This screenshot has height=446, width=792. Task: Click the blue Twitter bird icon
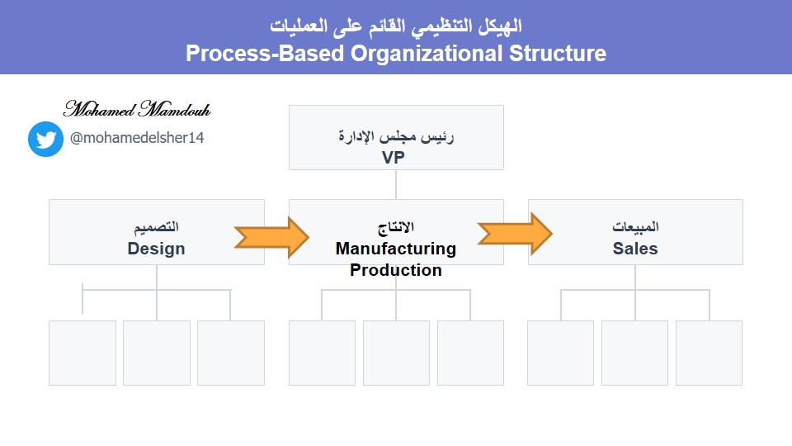(45, 139)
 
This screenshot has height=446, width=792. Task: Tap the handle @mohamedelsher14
(137, 138)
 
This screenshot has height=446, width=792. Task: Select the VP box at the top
(395, 137)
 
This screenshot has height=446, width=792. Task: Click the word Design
(156, 249)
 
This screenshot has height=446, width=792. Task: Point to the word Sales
(635, 249)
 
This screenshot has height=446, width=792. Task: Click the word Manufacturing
(395, 249)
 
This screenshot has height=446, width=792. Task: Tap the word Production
(395, 270)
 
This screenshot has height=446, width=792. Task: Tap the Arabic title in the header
(395, 25)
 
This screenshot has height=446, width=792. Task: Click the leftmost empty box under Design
(82, 353)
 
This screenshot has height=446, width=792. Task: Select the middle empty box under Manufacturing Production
(396, 353)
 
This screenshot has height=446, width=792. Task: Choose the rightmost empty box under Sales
(709, 353)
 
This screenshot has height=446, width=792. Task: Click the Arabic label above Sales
(635, 227)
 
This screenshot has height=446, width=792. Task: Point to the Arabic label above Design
(157, 227)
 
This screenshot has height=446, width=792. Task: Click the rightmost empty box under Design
(230, 353)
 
